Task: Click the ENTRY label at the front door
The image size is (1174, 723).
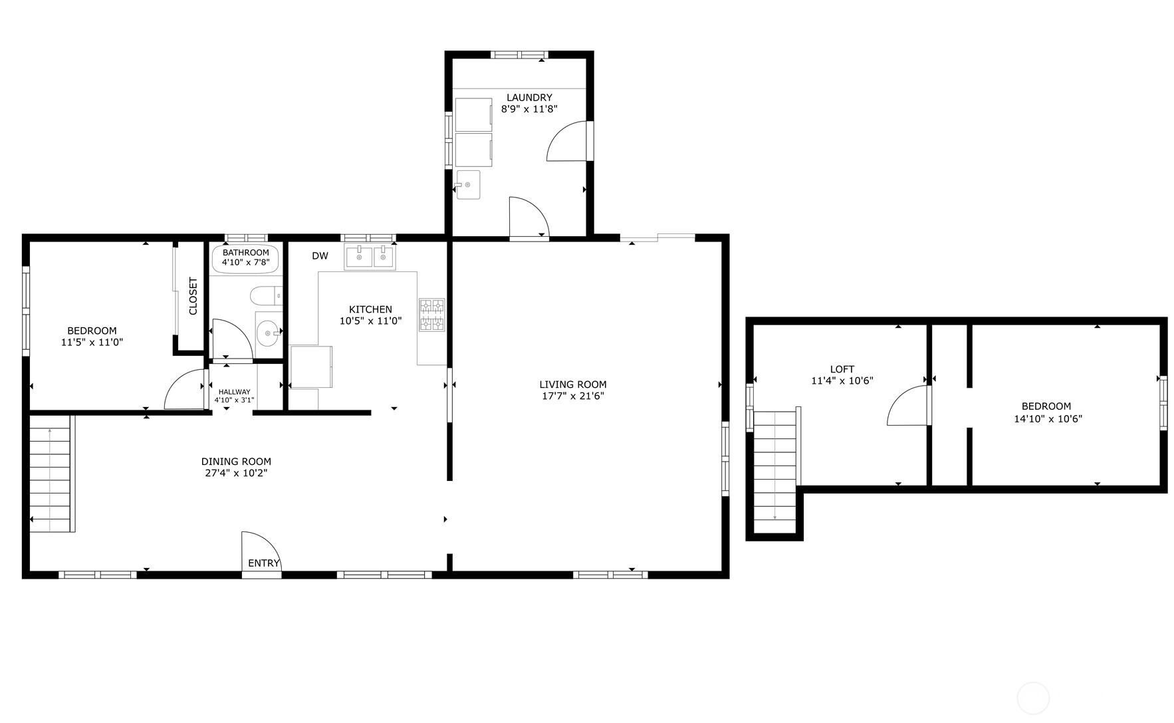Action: coord(263,563)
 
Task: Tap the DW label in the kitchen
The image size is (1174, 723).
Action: coord(320,256)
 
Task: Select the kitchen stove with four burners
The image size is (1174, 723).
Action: coord(431,315)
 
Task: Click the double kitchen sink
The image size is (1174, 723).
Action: coord(369,257)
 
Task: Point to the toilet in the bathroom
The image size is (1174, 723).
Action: coord(265,295)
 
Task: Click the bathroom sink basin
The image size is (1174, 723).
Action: coord(268,331)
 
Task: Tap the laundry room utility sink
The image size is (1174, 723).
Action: coord(468,185)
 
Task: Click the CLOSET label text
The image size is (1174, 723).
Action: coord(193,296)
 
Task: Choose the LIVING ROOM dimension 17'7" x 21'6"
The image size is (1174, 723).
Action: coord(572,396)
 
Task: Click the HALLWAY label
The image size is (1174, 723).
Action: coord(234,392)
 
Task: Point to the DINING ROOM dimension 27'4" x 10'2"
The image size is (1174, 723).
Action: coord(236,474)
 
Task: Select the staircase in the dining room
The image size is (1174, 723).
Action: coord(51,474)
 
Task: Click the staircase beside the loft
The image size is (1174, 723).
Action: coord(775,466)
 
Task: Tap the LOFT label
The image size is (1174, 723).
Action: coord(842,369)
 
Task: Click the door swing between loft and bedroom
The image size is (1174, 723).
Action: coord(909,407)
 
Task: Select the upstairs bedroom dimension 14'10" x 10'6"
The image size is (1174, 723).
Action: coord(1046,419)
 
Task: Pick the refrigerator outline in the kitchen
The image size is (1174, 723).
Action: coord(312,366)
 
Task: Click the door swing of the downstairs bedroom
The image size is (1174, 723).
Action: coord(184,391)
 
